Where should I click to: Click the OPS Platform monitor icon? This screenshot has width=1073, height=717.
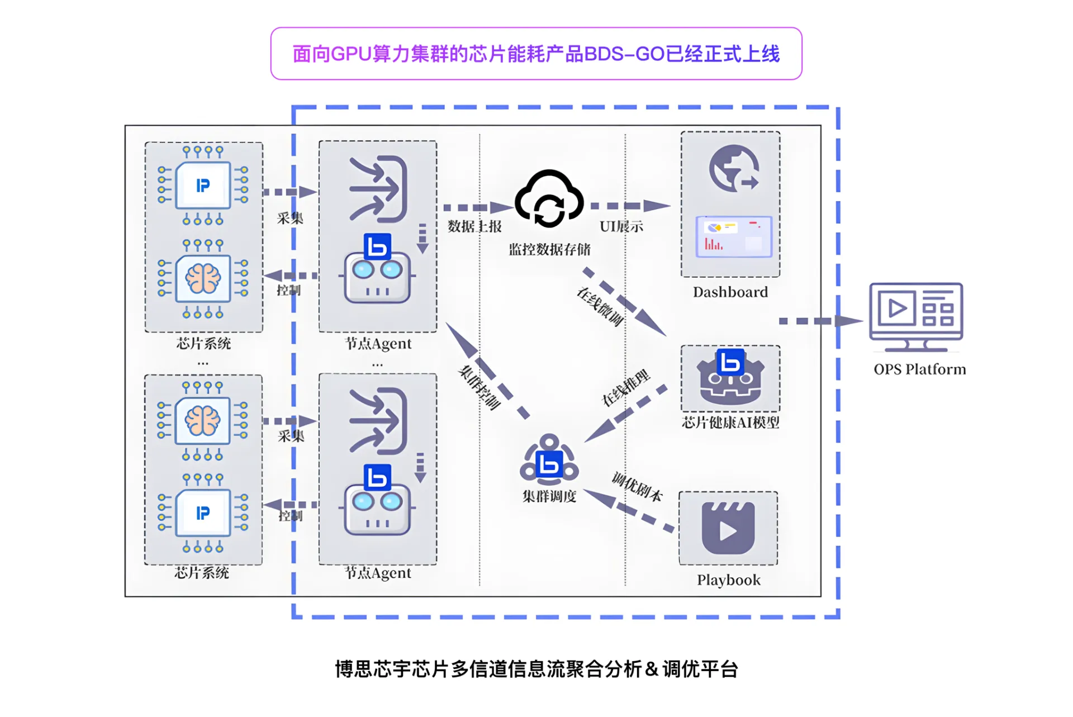point(915,316)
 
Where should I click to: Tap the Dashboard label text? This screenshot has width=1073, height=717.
point(730,292)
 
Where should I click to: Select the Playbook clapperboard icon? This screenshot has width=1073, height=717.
point(728,528)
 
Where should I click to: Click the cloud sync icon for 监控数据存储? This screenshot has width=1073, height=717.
point(549,200)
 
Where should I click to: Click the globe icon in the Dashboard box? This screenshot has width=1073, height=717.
point(733,168)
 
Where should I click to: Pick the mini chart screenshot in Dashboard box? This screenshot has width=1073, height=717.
point(733,236)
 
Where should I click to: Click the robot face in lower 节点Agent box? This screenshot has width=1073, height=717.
point(377,509)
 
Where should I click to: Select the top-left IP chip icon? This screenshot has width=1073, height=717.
point(203,186)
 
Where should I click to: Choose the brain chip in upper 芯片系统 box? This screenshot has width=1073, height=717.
point(203,278)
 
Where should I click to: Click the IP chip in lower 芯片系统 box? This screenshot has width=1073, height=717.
point(203,512)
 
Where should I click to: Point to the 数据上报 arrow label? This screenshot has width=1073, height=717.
point(474,226)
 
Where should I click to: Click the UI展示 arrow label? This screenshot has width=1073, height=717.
point(621,226)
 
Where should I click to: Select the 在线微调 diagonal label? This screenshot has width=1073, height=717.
point(600,307)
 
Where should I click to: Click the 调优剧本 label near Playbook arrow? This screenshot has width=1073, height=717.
point(637,487)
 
